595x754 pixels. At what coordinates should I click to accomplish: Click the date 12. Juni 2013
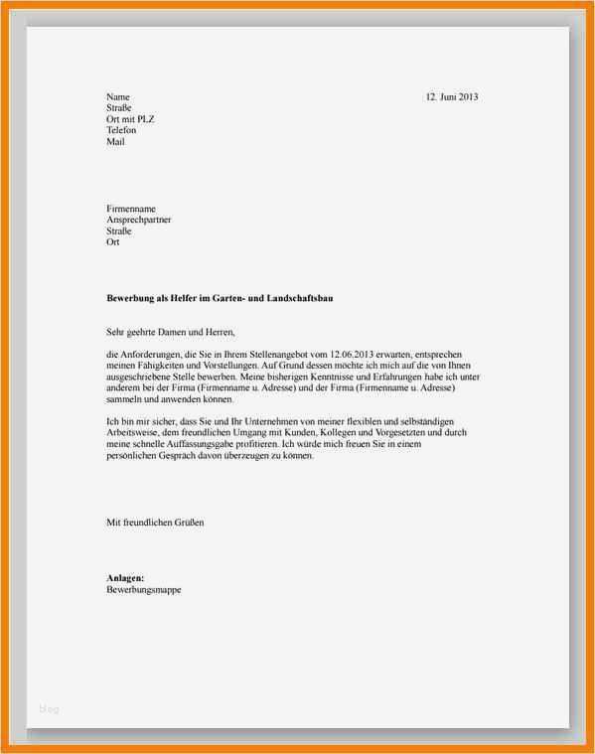click(x=452, y=97)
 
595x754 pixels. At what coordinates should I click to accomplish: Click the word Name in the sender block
click(x=118, y=97)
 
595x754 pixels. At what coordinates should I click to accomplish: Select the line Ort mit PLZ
click(x=130, y=119)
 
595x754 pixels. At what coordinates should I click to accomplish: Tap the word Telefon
click(x=121, y=130)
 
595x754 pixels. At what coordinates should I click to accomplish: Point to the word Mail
click(x=115, y=141)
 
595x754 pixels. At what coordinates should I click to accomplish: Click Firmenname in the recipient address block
click(x=131, y=209)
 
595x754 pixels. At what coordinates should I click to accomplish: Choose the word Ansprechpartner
click(x=138, y=220)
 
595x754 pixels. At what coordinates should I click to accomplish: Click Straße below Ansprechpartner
click(x=118, y=230)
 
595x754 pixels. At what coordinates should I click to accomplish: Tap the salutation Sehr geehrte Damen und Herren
click(x=173, y=332)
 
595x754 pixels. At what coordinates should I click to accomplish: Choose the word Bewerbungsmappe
click(x=143, y=589)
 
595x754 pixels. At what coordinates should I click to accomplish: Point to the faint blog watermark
click(x=50, y=708)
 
